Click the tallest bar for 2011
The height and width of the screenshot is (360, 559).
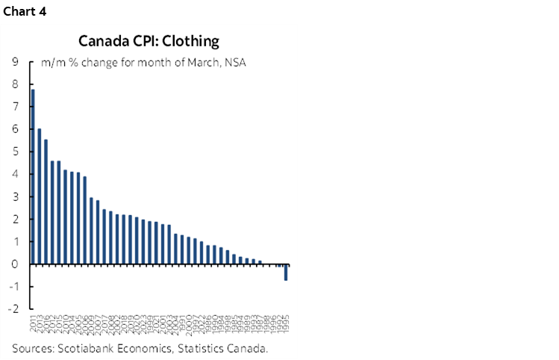coord(33,176)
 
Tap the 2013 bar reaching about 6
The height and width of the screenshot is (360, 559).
coord(40,196)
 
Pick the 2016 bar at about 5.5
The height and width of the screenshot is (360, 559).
coord(46,202)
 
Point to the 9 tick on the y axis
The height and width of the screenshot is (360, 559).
coord(16,62)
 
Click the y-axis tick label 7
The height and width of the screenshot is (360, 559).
coord(16,107)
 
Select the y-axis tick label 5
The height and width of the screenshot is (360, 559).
coord(16,152)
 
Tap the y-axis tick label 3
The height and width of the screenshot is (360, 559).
coord(16,196)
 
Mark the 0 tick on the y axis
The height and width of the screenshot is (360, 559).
coord(16,264)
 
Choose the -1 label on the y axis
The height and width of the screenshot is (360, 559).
coord(14,287)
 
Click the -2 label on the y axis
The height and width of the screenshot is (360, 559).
coord(14,309)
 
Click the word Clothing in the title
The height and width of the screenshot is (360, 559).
coord(193,40)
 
